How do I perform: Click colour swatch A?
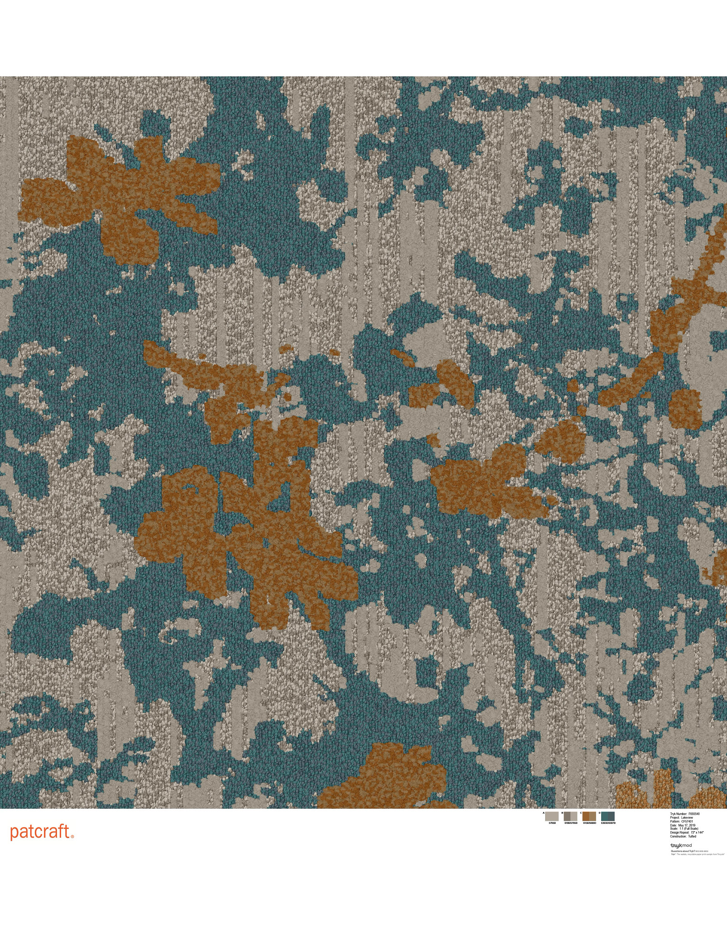pos(552,816)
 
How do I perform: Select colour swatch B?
pos(570,816)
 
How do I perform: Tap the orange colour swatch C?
pos(589,816)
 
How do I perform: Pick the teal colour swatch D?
pos(608,816)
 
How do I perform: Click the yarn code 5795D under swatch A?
pos(552,823)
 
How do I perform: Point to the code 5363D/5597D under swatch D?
pos(608,823)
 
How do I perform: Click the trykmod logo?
pos(681,845)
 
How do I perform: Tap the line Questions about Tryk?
pos(682,851)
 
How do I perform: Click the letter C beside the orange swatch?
pos(581,813)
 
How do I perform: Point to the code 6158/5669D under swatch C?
pos(589,823)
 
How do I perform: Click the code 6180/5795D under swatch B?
pos(570,823)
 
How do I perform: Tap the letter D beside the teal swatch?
pos(600,813)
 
